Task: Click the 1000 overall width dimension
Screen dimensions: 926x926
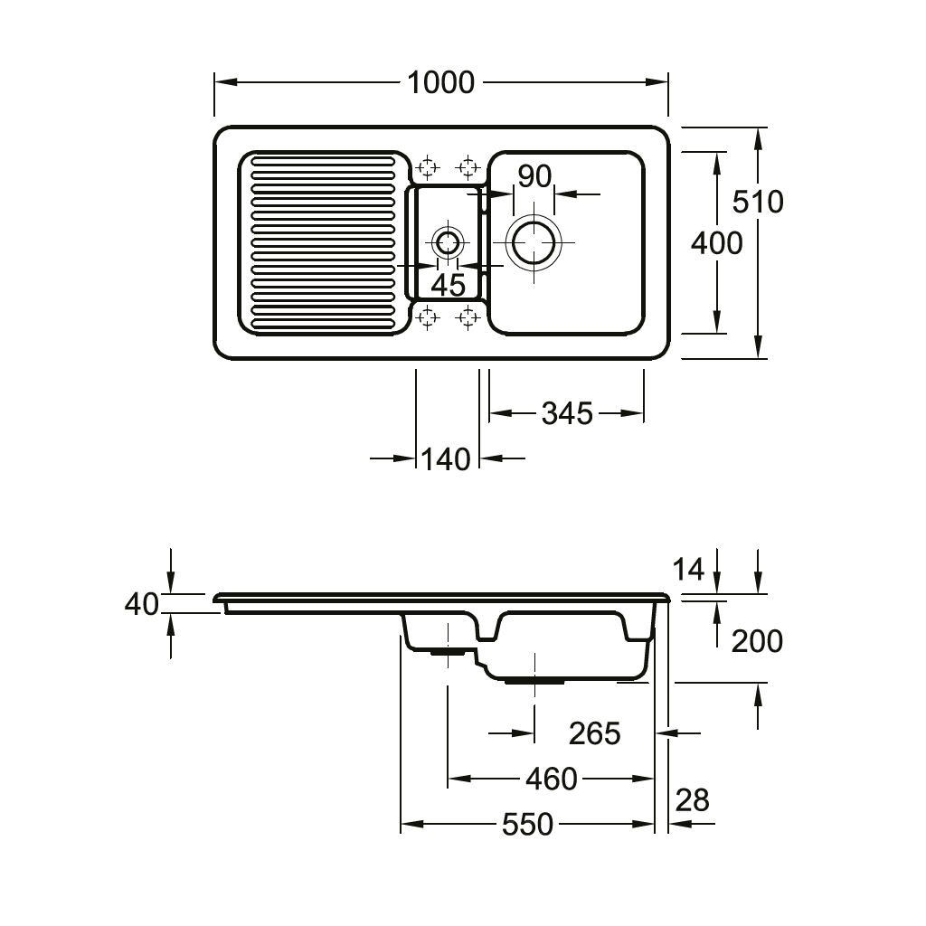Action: (x=440, y=82)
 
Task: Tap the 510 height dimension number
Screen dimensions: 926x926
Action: (x=758, y=201)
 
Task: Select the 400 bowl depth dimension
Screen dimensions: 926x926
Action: (x=716, y=242)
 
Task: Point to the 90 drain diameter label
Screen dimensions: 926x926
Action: (x=534, y=176)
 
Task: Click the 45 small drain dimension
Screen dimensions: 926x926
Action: (x=448, y=285)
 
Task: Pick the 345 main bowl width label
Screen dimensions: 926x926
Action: (x=567, y=414)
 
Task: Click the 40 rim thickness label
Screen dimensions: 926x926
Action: (x=142, y=604)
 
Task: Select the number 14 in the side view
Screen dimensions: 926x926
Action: (x=688, y=570)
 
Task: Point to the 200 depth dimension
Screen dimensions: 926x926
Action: (x=756, y=641)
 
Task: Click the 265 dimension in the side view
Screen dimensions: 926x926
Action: (x=594, y=733)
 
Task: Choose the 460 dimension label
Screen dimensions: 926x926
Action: (x=551, y=779)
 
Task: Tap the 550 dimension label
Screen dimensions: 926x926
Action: (x=526, y=825)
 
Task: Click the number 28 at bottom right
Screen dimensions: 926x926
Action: (x=693, y=800)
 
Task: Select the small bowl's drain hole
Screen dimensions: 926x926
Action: (x=447, y=242)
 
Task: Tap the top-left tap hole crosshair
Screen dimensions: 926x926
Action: (x=428, y=167)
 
